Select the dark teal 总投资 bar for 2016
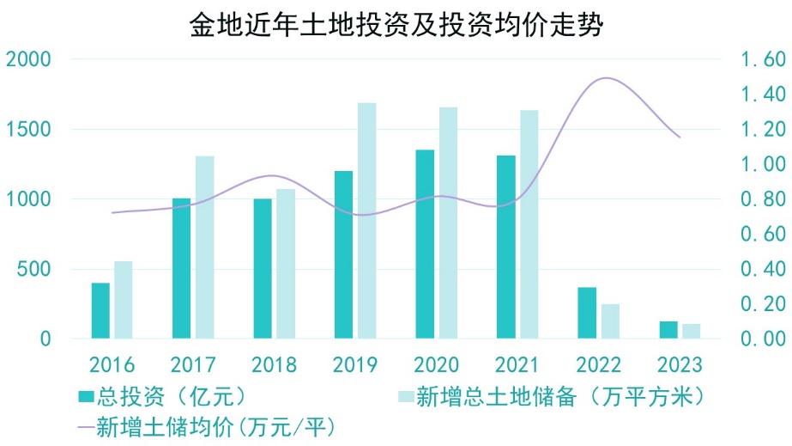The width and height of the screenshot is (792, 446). [x=100, y=310]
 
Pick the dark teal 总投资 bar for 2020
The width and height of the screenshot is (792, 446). [x=425, y=244]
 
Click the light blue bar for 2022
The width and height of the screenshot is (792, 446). [x=610, y=321]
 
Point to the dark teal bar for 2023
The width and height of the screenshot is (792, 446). [x=668, y=330]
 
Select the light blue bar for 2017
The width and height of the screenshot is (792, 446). [x=205, y=247]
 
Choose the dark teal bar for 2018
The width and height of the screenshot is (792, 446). [x=263, y=268]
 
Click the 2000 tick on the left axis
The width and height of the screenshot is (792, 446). [x=28, y=59]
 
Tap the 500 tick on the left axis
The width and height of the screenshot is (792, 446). [x=34, y=269]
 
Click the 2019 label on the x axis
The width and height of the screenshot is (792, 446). [x=355, y=364]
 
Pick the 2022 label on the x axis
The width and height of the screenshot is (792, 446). [x=598, y=364]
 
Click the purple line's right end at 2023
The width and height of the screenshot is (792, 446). [x=680, y=137]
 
